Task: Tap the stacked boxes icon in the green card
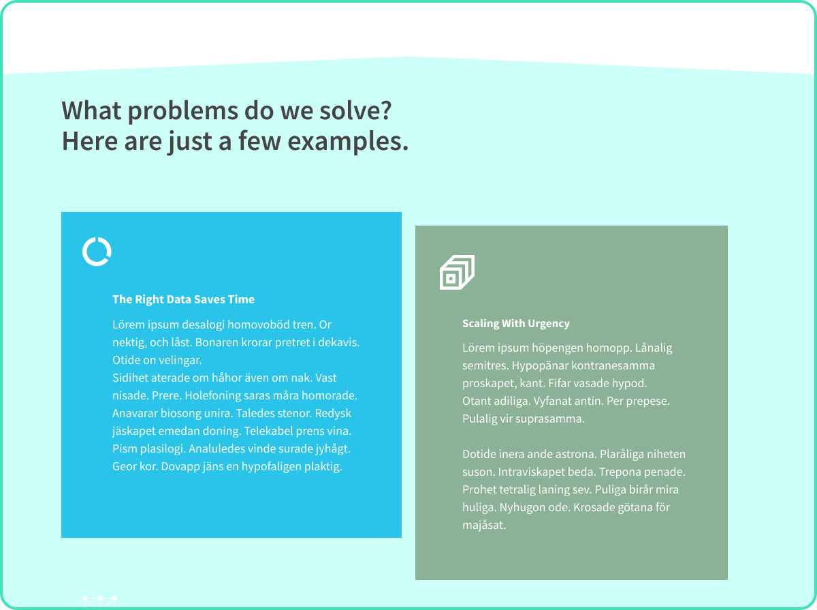(x=457, y=272)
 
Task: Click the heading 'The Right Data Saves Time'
(x=184, y=299)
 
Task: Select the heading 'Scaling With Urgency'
(x=516, y=323)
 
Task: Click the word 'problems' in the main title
(x=182, y=111)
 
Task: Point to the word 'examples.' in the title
(x=348, y=142)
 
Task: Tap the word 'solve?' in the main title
(x=355, y=110)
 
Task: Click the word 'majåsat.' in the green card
(x=484, y=525)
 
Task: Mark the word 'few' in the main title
(x=259, y=142)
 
